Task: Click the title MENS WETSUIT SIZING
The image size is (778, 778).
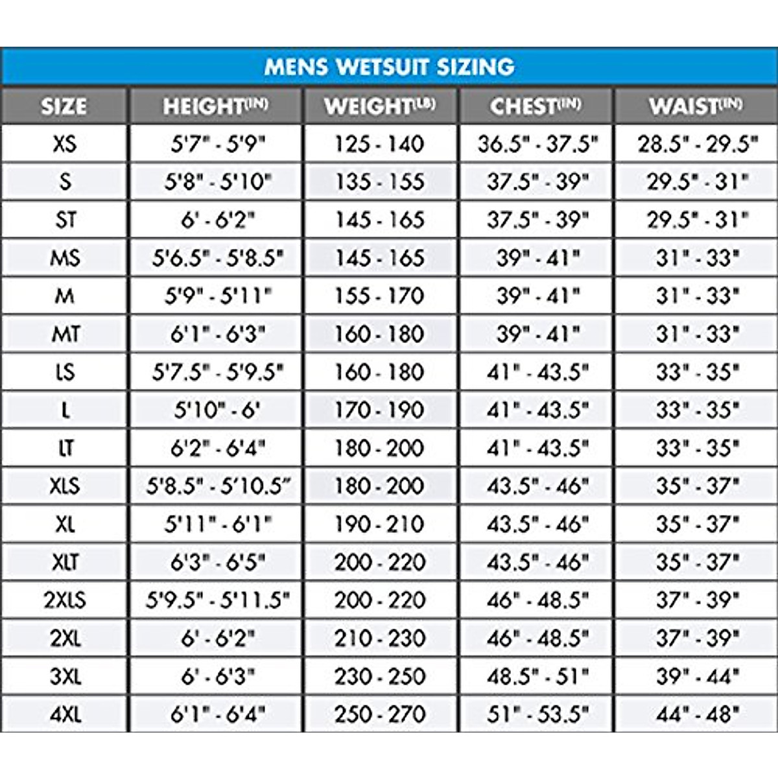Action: click(389, 66)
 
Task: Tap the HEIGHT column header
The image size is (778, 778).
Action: click(215, 106)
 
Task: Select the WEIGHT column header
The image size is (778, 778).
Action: click(380, 106)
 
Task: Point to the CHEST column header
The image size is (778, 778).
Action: click(536, 106)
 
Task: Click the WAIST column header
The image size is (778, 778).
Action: click(696, 106)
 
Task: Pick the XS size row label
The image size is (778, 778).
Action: click(65, 144)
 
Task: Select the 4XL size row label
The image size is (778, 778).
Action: click(65, 715)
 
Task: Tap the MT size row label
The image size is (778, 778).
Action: click(65, 335)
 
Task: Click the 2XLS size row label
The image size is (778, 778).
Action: click(65, 600)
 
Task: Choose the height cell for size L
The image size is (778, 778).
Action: click(217, 410)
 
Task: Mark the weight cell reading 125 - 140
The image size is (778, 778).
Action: click(380, 144)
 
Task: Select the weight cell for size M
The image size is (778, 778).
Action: click(380, 296)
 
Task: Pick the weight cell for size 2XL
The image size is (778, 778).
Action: click(380, 639)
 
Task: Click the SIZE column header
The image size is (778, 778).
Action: click(64, 106)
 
